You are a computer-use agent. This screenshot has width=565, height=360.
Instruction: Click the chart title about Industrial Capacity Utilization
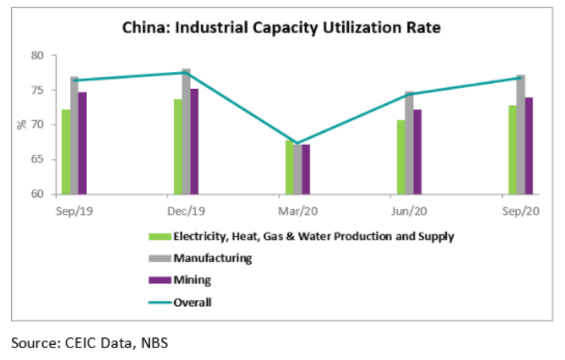[x=281, y=28]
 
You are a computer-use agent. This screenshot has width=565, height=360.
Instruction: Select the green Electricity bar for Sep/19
[x=66, y=151]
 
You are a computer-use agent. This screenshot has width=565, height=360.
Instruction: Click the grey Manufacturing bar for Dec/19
[x=186, y=131]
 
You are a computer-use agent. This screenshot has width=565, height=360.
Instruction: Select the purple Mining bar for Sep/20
[x=530, y=146]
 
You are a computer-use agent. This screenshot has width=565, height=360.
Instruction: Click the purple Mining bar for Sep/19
[x=82, y=143]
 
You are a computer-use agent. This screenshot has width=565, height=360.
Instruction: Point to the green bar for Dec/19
[x=178, y=146]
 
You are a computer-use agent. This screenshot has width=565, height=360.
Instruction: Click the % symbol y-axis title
[x=21, y=124]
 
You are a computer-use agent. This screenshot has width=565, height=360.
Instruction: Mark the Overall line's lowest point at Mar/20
[x=297, y=143]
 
